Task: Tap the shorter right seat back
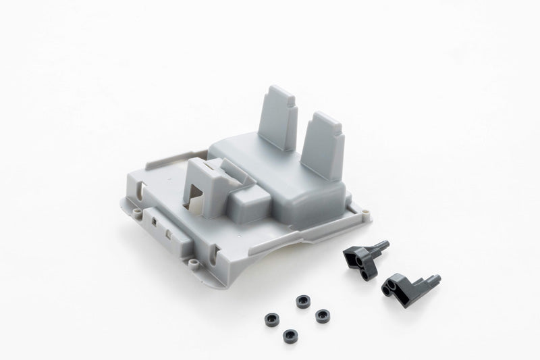(x=323, y=145)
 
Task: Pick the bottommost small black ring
(x=291, y=334)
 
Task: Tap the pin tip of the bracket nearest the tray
(x=385, y=243)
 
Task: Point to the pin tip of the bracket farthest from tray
(x=437, y=278)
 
